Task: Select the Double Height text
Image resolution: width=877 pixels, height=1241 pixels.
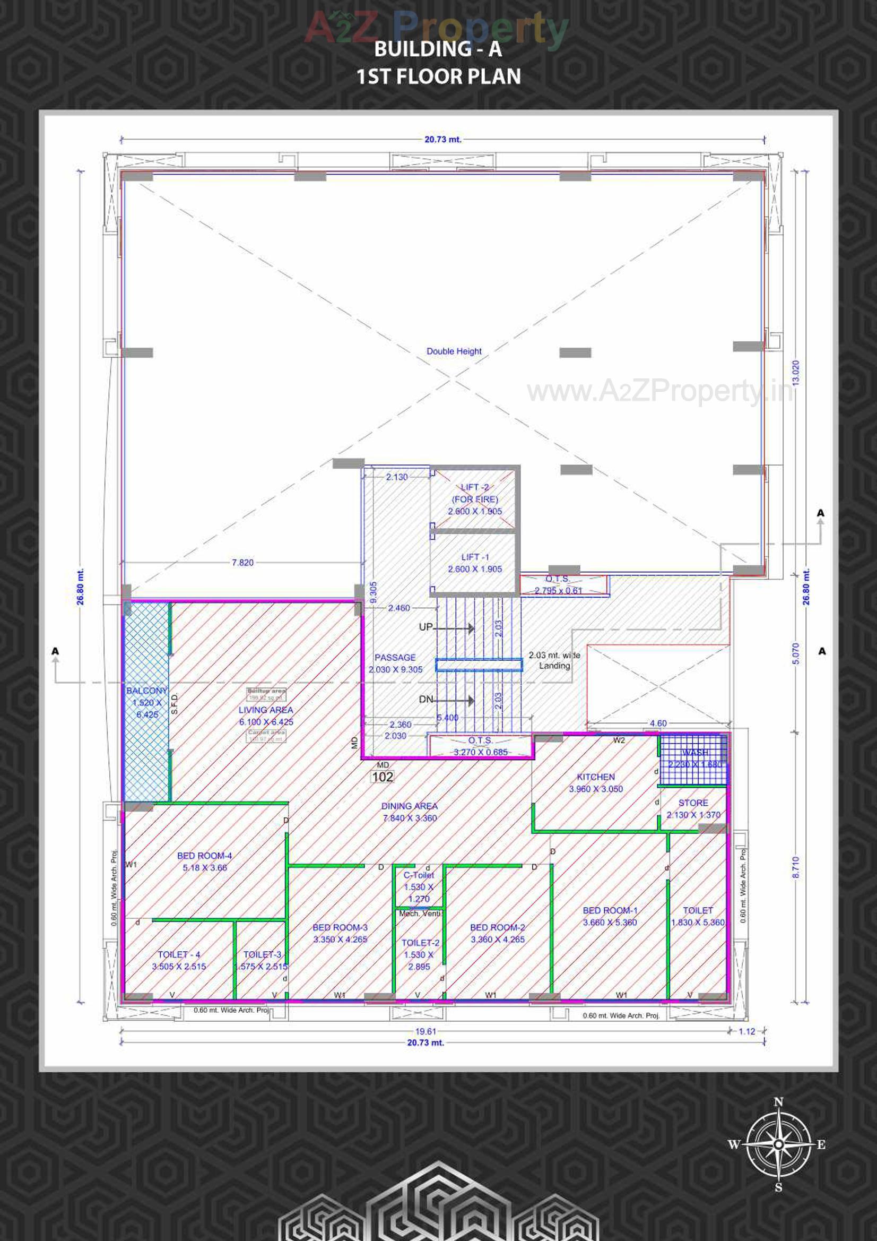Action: [454, 351]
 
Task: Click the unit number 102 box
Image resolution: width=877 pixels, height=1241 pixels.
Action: [382, 777]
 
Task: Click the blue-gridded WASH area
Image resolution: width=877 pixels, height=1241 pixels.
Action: [694, 759]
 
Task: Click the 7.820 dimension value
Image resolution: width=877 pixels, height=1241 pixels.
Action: [242, 562]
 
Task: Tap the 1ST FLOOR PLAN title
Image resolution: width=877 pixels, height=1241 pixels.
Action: [438, 76]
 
